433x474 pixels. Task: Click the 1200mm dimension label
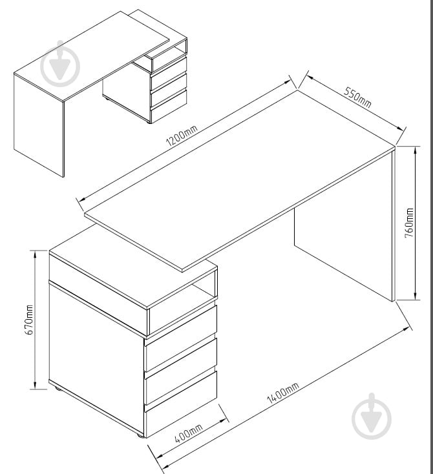[x=182, y=135]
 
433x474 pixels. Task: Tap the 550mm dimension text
[x=357, y=97]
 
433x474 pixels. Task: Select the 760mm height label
[x=409, y=223]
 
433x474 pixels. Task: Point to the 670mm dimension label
[x=29, y=320]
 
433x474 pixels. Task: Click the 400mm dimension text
[x=189, y=433]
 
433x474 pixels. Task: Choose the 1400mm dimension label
[x=283, y=393]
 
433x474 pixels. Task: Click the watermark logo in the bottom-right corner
[x=372, y=417]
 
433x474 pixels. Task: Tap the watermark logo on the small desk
[x=60, y=64]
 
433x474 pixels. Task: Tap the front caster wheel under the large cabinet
[x=139, y=436]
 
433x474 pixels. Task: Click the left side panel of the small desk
[x=39, y=125]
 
